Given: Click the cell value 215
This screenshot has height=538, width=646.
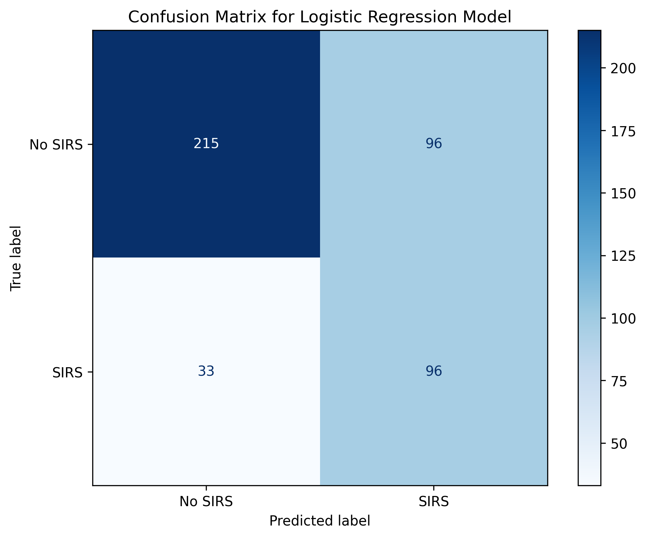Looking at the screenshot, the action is (x=206, y=144).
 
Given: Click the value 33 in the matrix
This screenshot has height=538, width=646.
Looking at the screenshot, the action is (x=206, y=371).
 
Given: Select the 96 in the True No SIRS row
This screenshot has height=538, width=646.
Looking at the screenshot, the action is (x=434, y=144).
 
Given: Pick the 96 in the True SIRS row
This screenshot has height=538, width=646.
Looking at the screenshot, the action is (x=434, y=371).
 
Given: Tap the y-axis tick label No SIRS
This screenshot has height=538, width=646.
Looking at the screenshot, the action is (x=56, y=145).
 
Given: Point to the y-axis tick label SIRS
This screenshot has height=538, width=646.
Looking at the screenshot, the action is (x=68, y=372).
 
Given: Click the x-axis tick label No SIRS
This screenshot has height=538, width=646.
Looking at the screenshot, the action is (x=206, y=502).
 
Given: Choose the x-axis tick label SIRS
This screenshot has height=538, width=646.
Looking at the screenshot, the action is (x=434, y=502).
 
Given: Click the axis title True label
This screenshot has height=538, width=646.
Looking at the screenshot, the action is (x=16, y=258).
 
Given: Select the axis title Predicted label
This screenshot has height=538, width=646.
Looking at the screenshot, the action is (x=320, y=521).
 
